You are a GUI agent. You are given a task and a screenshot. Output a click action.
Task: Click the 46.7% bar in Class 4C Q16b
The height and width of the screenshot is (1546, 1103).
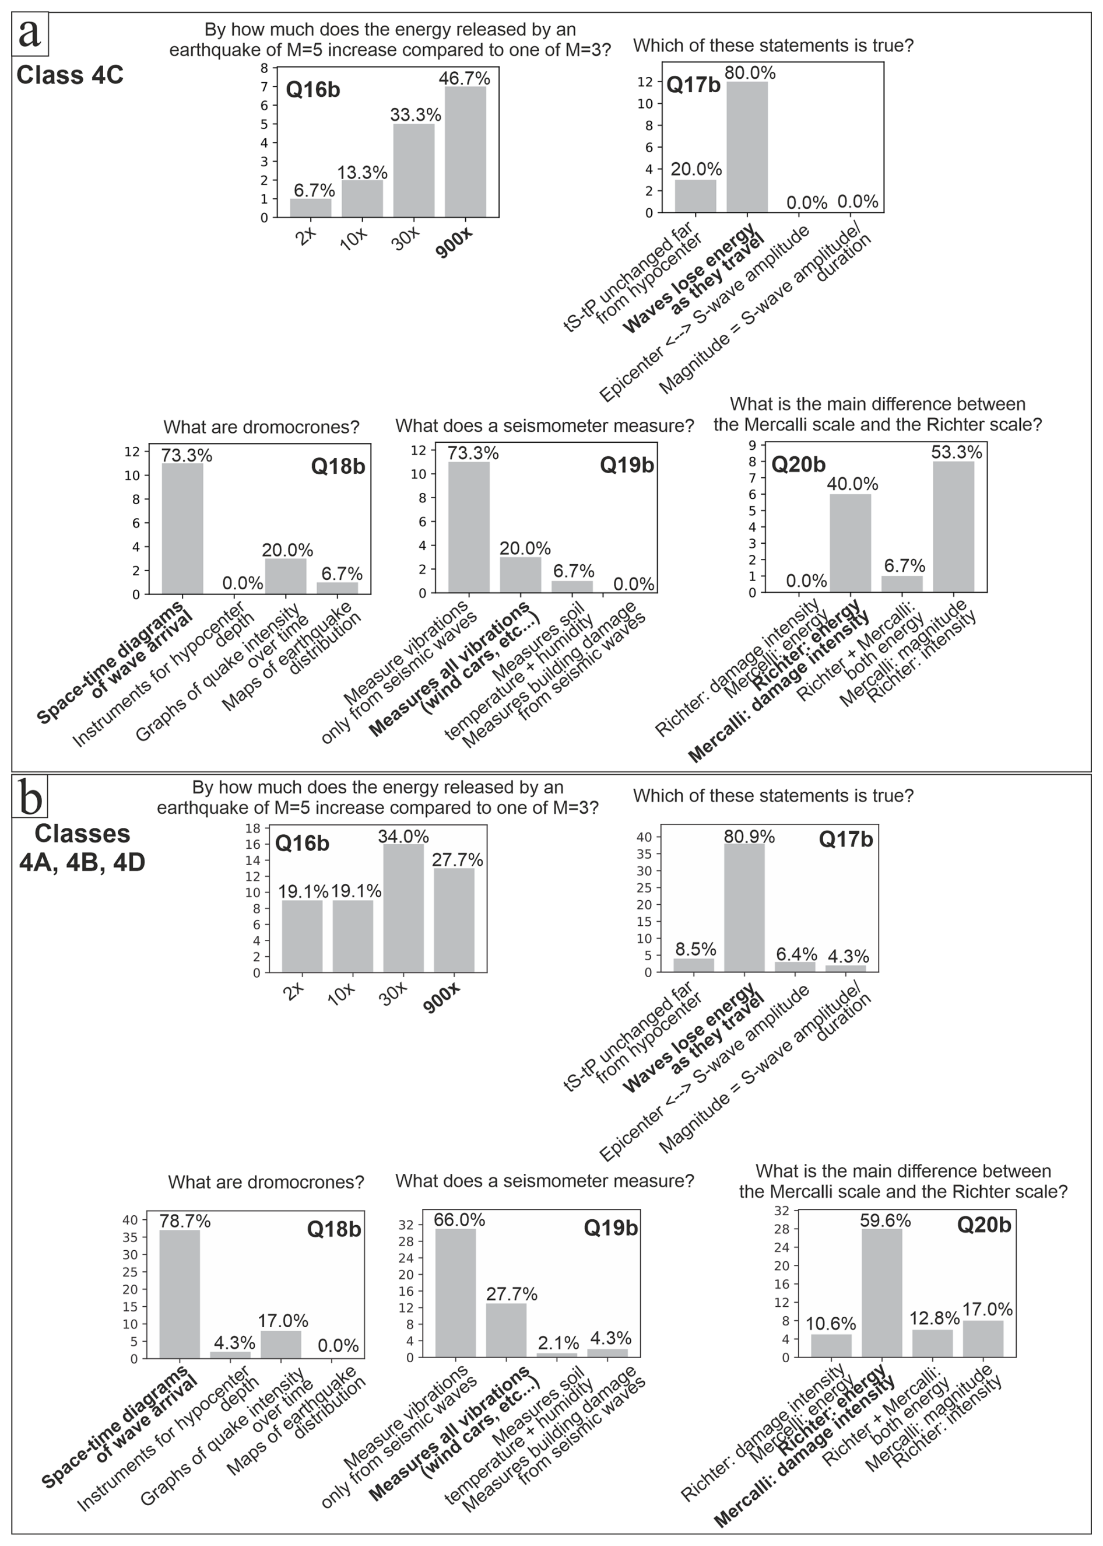coord(465,152)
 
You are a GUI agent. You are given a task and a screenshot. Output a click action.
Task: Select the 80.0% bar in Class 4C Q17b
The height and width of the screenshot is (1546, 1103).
coord(747,147)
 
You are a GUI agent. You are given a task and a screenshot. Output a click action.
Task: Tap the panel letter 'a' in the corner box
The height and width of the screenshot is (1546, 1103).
coord(30,33)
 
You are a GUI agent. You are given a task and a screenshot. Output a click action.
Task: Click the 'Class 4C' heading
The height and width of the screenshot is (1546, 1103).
coord(70,75)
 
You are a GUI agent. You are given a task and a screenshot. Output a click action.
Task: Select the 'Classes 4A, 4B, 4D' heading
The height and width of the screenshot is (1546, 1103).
coord(82,848)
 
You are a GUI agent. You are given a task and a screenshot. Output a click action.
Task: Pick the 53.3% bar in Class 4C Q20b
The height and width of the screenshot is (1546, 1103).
coord(954,527)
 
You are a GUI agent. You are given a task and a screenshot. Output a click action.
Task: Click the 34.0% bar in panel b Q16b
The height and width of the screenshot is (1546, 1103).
coord(403,908)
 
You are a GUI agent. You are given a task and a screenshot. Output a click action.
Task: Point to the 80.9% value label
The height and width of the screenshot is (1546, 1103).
coord(749,837)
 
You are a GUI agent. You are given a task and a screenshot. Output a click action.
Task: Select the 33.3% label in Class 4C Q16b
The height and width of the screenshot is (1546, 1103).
coord(416,116)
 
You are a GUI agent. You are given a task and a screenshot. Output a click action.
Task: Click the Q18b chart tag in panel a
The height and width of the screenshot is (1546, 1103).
coord(338,466)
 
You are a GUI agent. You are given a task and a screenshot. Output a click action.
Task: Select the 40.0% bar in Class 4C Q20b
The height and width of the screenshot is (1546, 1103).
coord(851,543)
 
